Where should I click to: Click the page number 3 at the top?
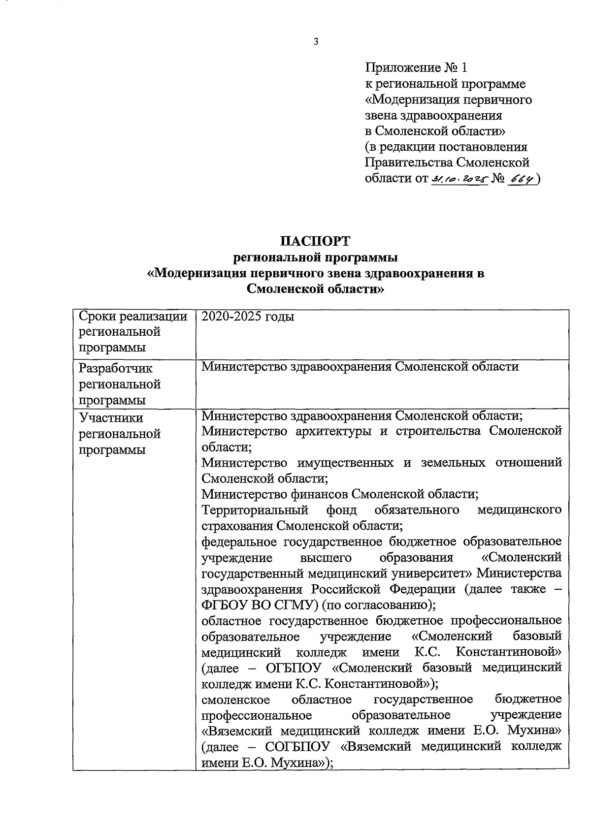316,41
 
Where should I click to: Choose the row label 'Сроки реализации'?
133,317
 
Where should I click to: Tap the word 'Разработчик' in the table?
116,368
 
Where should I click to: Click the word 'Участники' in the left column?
111,418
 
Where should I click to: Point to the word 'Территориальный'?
255,510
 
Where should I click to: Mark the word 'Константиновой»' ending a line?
508,652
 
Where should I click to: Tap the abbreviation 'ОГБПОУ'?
293,668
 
